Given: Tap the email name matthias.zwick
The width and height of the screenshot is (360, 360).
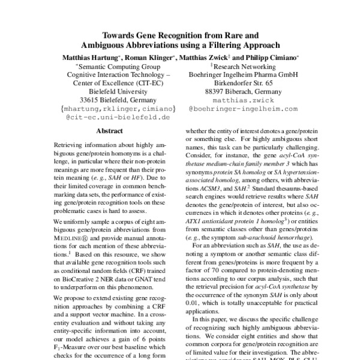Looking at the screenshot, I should click(x=242, y=100).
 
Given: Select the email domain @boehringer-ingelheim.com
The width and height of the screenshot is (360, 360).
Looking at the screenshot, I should click(x=242, y=109).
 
